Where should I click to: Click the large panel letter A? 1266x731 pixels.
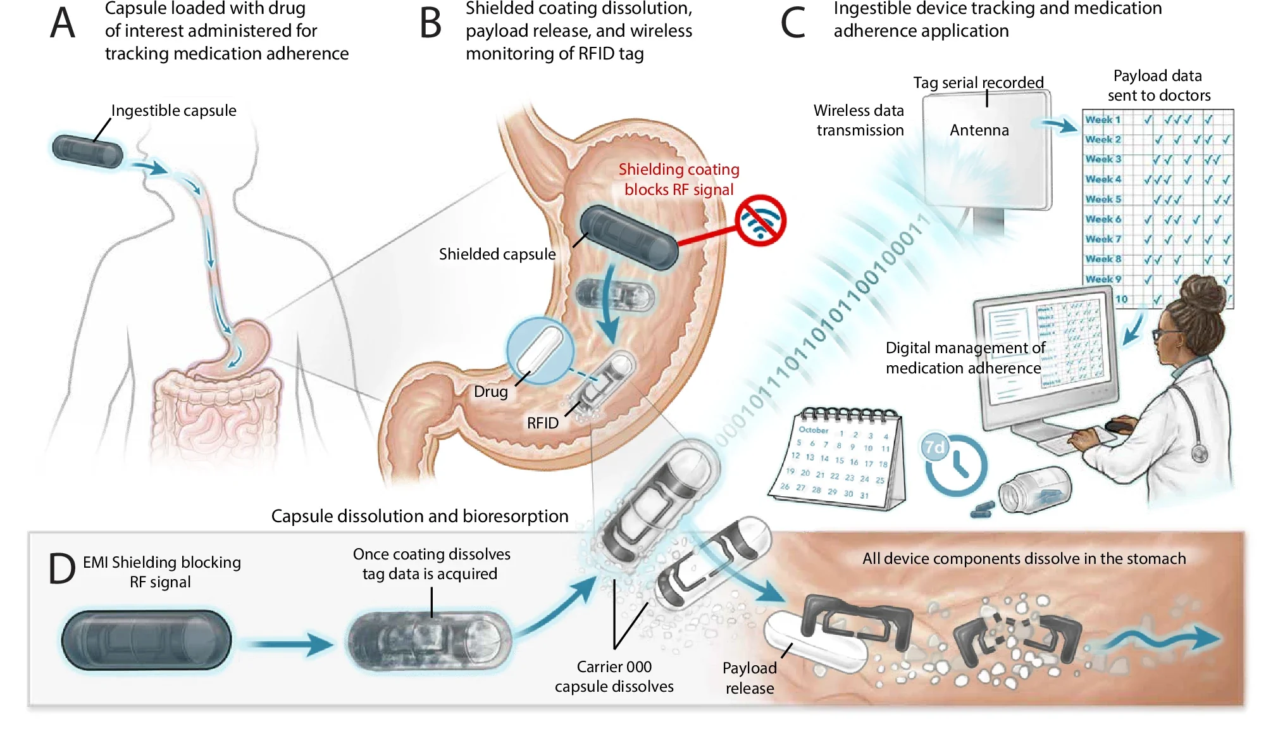[x=63, y=24]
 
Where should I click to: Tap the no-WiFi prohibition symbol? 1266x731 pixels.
[x=760, y=220]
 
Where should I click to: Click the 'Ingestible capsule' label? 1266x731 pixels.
[x=173, y=111]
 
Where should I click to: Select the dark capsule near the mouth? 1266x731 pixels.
[x=87, y=151]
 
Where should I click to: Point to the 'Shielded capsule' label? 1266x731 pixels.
[x=497, y=254]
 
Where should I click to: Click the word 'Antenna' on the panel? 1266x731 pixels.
[x=979, y=130]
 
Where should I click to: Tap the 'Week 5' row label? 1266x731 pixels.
[x=1103, y=199]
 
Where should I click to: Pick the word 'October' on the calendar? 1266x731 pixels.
[x=813, y=430]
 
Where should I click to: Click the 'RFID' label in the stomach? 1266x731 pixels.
[x=543, y=423]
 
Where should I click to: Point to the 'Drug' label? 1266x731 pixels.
[x=490, y=392]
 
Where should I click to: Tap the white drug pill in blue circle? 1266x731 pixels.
[x=540, y=351]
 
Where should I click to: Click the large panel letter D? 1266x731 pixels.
[x=62, y=569]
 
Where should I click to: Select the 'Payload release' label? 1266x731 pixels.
[x=750, y=678]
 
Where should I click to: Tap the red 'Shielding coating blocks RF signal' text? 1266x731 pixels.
[x=678, y=180]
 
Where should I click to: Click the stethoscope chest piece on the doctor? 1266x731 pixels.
[x=1198, y=453]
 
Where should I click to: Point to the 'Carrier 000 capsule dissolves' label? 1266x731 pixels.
[x=614, y=677]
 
